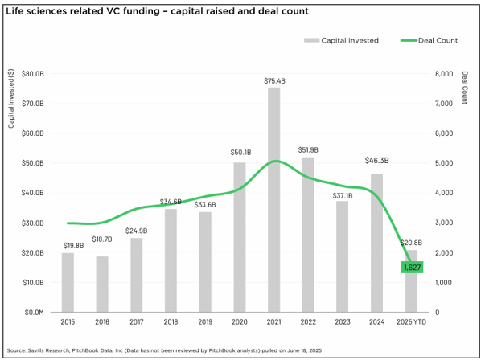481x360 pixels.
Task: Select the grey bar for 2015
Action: click(68, 282)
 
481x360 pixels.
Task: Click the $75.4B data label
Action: click(273, 81)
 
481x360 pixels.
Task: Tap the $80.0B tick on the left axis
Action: click(34, 74)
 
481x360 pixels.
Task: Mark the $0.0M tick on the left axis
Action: click(34, 312)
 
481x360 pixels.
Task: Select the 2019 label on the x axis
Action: click(205, 323)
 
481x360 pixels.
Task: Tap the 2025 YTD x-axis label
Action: click(411, 323)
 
